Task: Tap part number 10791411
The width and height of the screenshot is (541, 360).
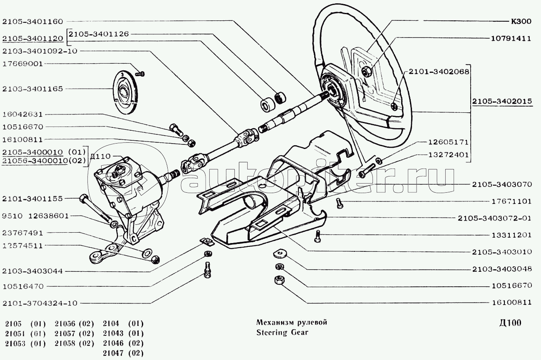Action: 511,39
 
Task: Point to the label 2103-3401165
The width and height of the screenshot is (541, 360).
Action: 32,89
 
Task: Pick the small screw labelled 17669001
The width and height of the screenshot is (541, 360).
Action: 141,74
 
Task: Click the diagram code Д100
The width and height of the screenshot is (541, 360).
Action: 509,323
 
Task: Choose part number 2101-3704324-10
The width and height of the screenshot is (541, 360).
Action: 40,303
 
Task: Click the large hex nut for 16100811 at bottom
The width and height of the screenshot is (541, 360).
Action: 279,281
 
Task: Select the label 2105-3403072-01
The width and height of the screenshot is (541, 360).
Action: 494,218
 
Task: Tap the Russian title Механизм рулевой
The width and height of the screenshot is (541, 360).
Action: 292,323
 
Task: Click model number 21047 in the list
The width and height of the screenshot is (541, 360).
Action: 111,353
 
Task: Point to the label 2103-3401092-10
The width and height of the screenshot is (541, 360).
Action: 40,51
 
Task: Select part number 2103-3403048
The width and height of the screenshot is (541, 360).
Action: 502,269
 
